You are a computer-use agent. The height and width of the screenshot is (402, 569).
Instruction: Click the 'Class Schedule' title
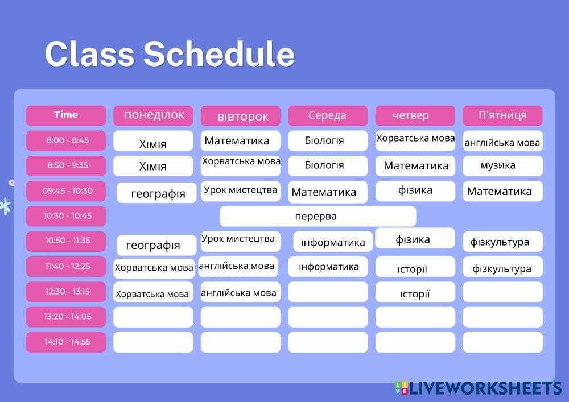170,55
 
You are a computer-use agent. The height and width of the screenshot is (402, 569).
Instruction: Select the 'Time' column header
66,115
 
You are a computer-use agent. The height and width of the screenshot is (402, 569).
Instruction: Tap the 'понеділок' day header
154,115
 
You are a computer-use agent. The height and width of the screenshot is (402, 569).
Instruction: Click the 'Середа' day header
328,115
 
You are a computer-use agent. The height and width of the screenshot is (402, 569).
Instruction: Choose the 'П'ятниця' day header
502,115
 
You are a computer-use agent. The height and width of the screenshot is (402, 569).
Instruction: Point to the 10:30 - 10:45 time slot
66,216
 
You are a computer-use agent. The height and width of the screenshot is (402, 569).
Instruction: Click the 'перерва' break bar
318,217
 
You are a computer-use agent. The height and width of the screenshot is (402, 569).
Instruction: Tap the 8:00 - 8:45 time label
66,140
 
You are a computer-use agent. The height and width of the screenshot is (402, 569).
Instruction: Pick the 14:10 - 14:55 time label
66,342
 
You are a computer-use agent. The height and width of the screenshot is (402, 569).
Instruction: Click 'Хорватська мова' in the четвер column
415,139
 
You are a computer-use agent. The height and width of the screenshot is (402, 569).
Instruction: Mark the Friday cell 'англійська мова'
502,142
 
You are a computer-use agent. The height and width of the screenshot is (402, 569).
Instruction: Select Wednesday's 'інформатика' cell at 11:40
329,267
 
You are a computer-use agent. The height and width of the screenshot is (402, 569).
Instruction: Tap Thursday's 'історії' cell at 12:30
415,293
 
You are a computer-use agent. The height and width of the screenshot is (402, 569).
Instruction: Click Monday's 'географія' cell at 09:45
157,193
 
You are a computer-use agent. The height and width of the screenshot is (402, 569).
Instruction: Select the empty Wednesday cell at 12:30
328,292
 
